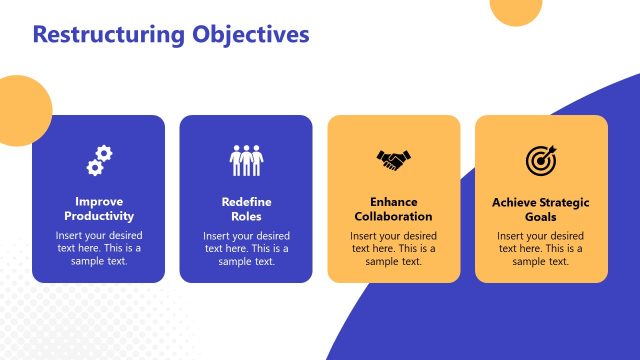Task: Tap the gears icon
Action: coord(98,159)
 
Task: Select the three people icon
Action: coord(246,159)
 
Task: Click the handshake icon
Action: coord(394,159)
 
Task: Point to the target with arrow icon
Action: coord(540,159)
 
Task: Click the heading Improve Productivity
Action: coord(98,208)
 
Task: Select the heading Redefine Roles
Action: coord(246,208)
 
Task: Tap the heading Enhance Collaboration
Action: coord(394,208)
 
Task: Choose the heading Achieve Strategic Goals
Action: coord(541,208)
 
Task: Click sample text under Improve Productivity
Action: coord(98,248)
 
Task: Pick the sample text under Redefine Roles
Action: coord(246,248)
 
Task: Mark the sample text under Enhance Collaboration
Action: coord(394,248)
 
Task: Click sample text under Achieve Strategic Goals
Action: coord(541,248)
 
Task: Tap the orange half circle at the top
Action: coord(523,9)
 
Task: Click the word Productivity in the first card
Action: coord(98,216)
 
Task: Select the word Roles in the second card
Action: coord(246,216)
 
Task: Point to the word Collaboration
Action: coord(394,216)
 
